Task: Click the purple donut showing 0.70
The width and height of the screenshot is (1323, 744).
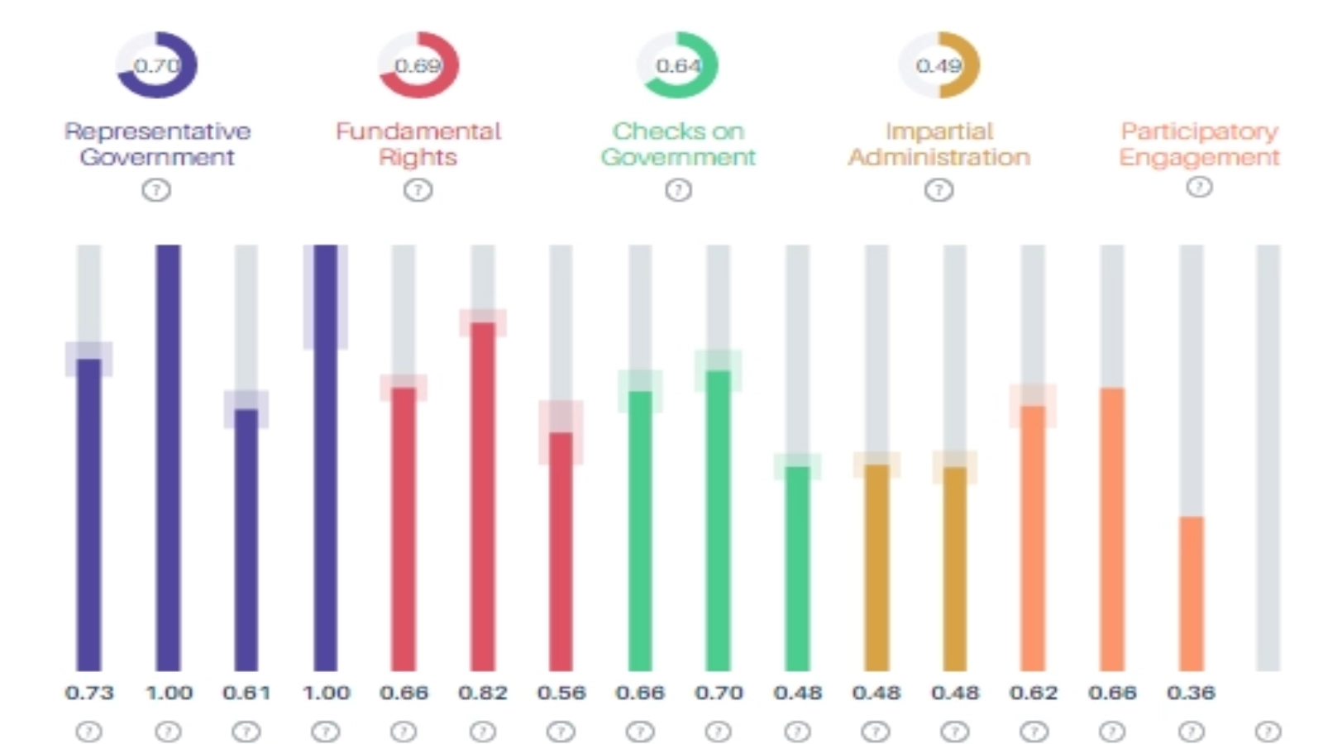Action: click(156, 64)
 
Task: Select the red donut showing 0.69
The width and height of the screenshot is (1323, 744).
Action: click(418, 64)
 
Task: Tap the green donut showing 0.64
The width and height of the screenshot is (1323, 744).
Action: click(678, 64)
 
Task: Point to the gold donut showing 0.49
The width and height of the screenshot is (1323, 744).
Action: click(939, 64)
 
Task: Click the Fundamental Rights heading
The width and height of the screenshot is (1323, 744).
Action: click(418, 144)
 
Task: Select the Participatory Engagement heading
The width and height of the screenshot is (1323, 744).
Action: click(1199, 144)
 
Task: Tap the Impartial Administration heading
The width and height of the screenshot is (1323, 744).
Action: click(939, 144)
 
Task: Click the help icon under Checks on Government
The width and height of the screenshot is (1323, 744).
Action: click(678, 191)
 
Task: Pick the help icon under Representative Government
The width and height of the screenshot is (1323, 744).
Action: click(156, 191)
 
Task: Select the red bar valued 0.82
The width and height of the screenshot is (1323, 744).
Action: click(483, 496)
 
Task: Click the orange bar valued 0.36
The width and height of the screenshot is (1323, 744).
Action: click(1191, 594)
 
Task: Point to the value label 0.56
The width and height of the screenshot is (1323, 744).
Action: click(561, 693)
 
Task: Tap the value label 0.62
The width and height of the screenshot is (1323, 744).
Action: click(1033, 693)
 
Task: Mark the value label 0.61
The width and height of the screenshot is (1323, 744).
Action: click(246, 693)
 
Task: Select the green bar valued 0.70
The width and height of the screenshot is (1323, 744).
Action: click(719, 521)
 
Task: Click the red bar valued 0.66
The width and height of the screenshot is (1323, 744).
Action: click(404, 529)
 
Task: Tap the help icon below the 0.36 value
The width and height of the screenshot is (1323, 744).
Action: click(1191, 732)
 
